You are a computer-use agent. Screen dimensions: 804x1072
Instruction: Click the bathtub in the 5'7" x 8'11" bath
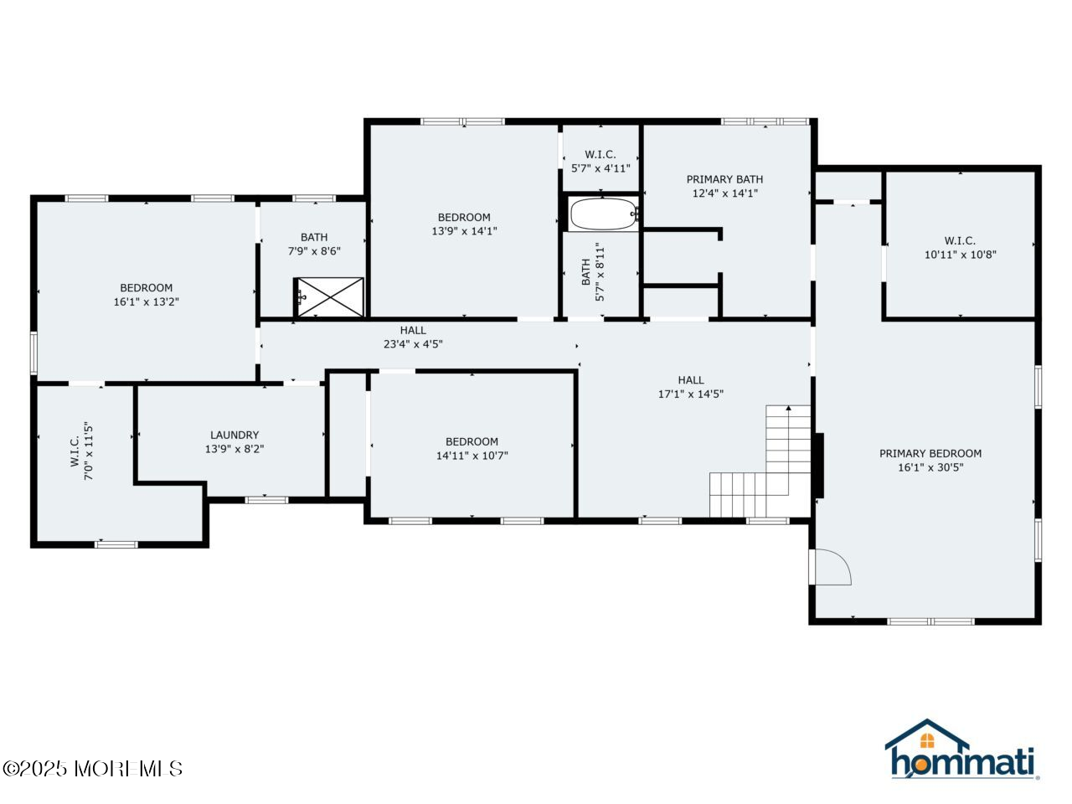[x=603, y=214]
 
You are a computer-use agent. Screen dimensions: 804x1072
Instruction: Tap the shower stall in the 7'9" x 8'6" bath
[x=331, y=297]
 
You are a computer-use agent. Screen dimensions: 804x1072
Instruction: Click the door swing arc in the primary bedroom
[x=832, y=567]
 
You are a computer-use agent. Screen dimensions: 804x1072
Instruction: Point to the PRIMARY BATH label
[x=724, y=179]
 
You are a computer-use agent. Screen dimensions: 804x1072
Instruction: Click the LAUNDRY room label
[x=234, y=435]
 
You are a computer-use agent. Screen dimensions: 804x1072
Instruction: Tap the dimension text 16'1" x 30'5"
[x=930, y=467]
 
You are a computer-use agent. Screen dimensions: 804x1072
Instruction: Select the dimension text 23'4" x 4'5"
[x=413, y=344]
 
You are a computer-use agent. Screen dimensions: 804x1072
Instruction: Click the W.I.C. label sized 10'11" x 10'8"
[x=960, y=241]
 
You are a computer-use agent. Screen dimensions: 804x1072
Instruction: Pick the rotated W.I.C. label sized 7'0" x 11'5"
[x=75, y=451]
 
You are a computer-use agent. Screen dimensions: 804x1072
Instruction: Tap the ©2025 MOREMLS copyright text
[x=92, y=768]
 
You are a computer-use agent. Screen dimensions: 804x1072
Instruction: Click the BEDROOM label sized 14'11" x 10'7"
[x=472, y=441]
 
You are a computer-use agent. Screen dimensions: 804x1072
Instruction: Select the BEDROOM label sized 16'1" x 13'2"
[x=146, y=288]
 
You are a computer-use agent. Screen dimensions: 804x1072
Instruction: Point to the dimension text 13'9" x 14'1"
[x=464, y=231]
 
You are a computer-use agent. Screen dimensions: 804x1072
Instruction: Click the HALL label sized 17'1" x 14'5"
[x=691, y=380]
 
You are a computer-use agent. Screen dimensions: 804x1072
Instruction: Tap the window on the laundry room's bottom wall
[x=266, y=500]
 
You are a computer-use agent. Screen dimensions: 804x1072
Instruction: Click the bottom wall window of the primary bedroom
[x=930, y=621]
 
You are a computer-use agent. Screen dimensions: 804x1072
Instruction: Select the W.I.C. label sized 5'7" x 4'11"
[x=600, y=154]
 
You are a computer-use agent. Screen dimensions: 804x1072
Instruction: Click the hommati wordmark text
[x=963, y=763]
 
